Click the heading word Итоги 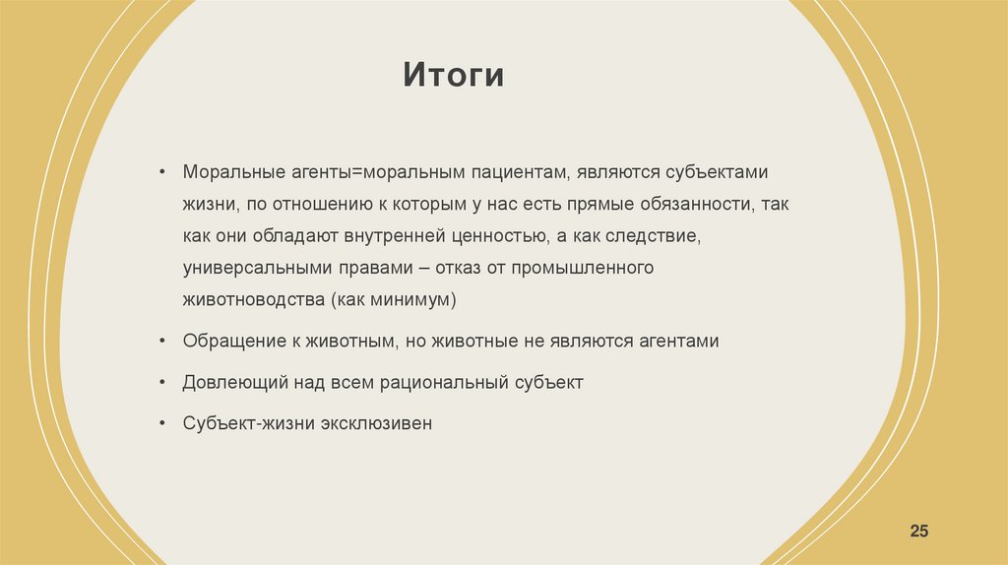[453, 76]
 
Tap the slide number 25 [918, 532]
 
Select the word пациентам [513, 172]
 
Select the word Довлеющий [234, 383]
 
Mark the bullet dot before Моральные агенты [162, 173]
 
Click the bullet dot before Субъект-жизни [162, 425]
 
